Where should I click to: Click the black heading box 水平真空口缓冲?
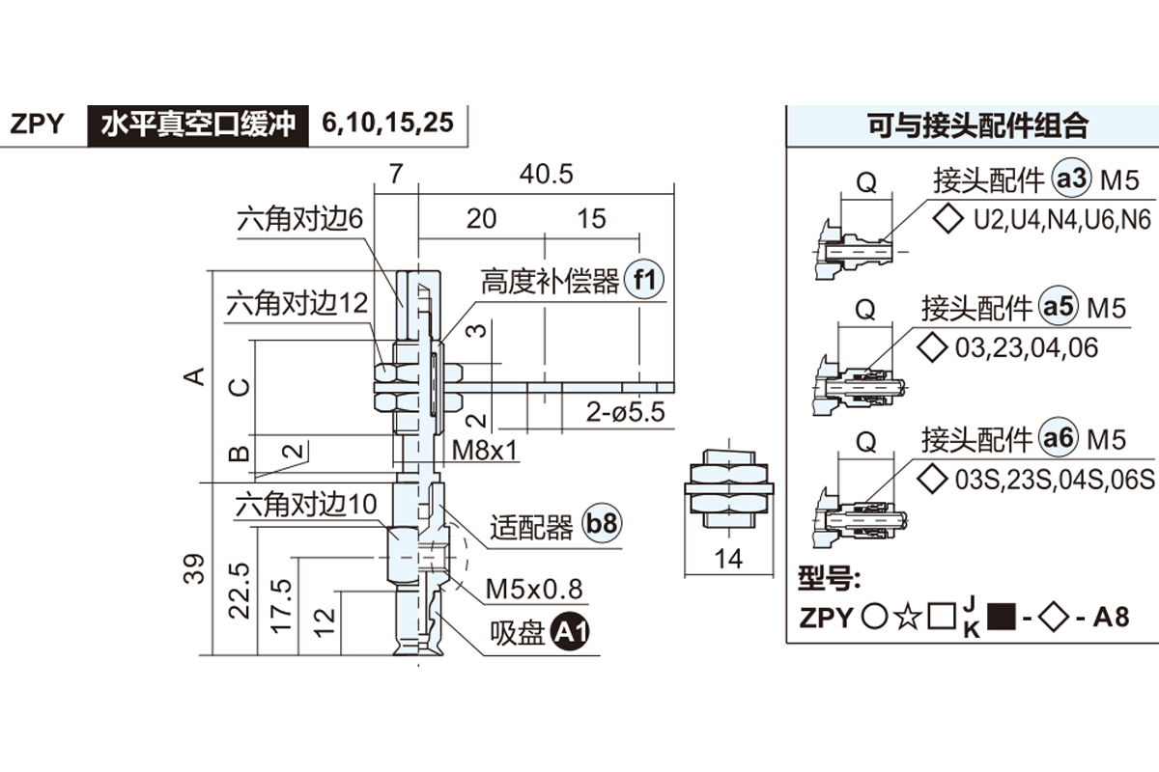point(198,124)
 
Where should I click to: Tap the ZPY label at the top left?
point(38,124)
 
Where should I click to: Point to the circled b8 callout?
point(603,526)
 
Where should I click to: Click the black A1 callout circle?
point(570,633)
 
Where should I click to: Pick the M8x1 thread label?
point(486,450)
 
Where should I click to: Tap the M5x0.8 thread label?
point(533,589)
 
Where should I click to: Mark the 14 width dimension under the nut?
point(731,559)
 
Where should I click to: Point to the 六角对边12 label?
point(297,305)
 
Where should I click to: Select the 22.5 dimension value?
point(240,591)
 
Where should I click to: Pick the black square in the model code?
point(1003,616)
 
